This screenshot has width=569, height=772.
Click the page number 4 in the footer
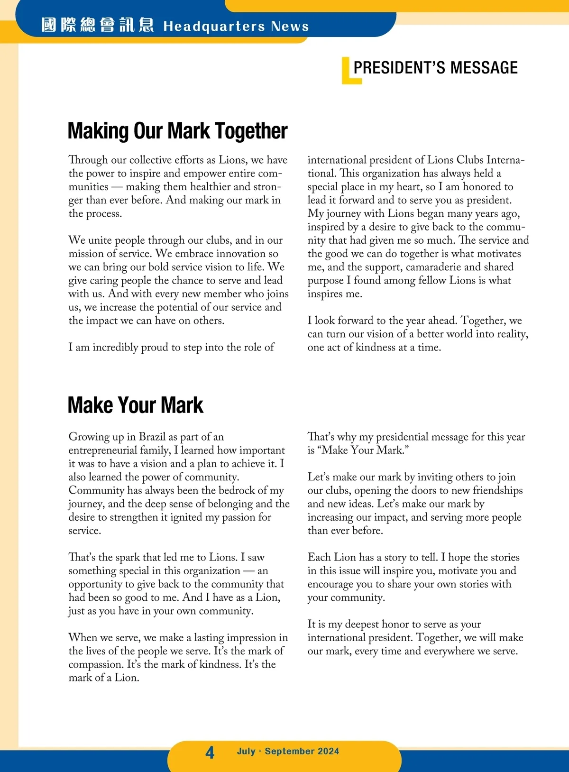pyautogui.click(x=210, y=752)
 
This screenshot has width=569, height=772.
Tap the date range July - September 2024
pyautogui.click(x=288, y=751)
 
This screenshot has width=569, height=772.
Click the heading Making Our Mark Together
pyautogui.click(x=177, y=131)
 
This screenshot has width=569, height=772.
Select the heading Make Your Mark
pyautogui.click(x=135, y=405)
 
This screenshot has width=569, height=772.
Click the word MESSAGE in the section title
pyautogui.click(x=484, y=68)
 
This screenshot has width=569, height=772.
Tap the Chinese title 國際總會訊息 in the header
pyautogui.click(x=97, y=25)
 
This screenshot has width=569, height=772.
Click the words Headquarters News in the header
pyautogui.click(x=236, y=26)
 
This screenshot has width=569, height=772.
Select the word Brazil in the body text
pyautogui.click(x=152, y=437)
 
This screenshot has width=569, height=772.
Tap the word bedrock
pyautogui.click(x=230, y=490)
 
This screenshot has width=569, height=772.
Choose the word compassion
pyautogui.click(x=96, y=665)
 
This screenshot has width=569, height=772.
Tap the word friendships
pyautogui.click(x=498, y=490)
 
